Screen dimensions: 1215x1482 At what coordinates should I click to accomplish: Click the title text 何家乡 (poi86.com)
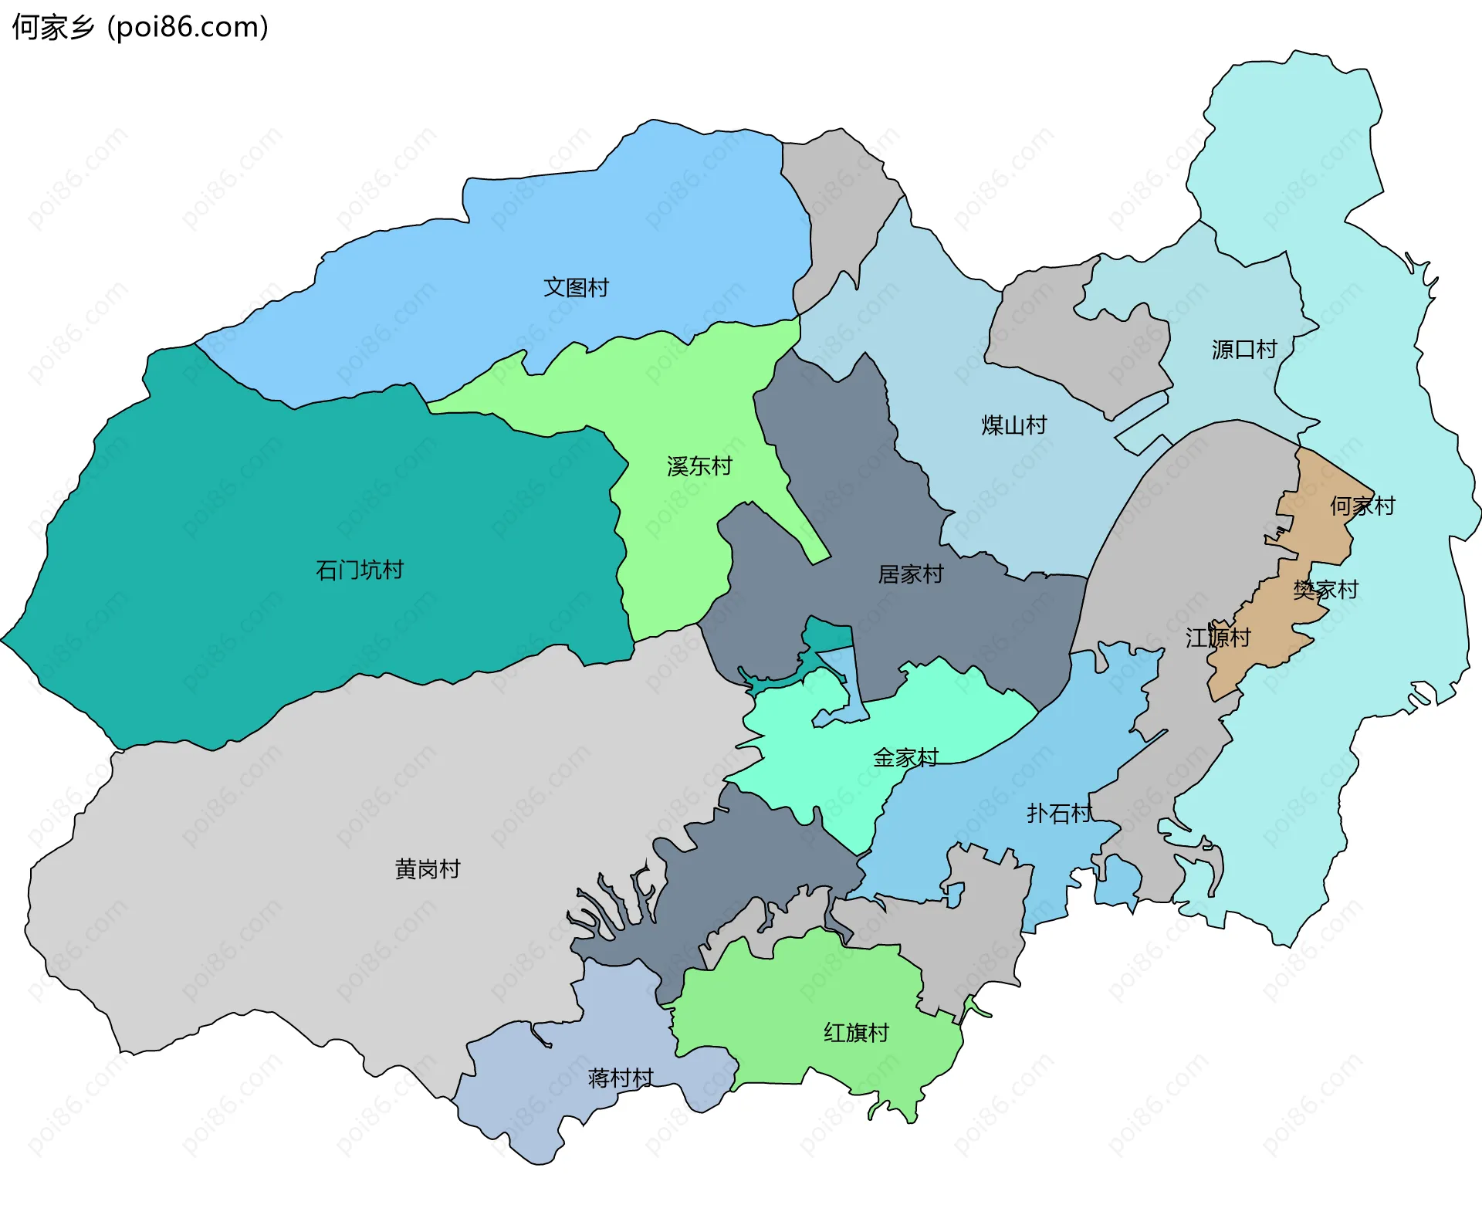[140, 27]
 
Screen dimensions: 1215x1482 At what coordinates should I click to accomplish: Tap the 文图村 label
[576, 288]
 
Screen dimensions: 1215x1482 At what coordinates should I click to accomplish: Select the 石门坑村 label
[360, 570]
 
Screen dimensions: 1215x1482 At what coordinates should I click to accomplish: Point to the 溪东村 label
[699, 466]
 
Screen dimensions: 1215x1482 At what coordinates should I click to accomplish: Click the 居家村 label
[911, 574]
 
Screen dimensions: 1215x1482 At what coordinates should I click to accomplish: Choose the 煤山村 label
[1014, 425]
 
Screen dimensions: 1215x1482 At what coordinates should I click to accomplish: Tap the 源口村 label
[1244, 350]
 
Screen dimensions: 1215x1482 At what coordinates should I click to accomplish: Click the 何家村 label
[1362, 506]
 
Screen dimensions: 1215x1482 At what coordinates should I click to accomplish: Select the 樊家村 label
[1325, 591]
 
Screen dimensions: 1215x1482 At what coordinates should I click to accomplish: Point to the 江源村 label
[1218, 638]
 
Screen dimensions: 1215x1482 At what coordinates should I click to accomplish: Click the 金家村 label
[905, 758]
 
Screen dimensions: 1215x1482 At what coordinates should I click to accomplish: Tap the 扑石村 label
[1059, 814]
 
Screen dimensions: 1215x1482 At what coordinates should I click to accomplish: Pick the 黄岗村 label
[428, 869]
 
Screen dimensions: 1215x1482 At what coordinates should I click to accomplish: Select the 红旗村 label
[856, 1033]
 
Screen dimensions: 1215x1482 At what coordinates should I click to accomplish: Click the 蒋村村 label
[621, 1078]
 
